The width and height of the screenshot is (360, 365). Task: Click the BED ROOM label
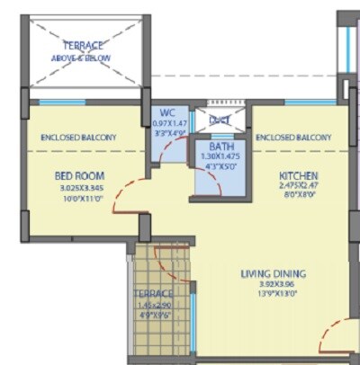(79, 174)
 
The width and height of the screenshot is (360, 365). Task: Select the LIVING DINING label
(272, 273)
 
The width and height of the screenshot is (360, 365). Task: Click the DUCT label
(220, 119)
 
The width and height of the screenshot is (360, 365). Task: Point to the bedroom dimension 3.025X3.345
(79, 190)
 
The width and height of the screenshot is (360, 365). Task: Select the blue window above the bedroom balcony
(61, 102)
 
